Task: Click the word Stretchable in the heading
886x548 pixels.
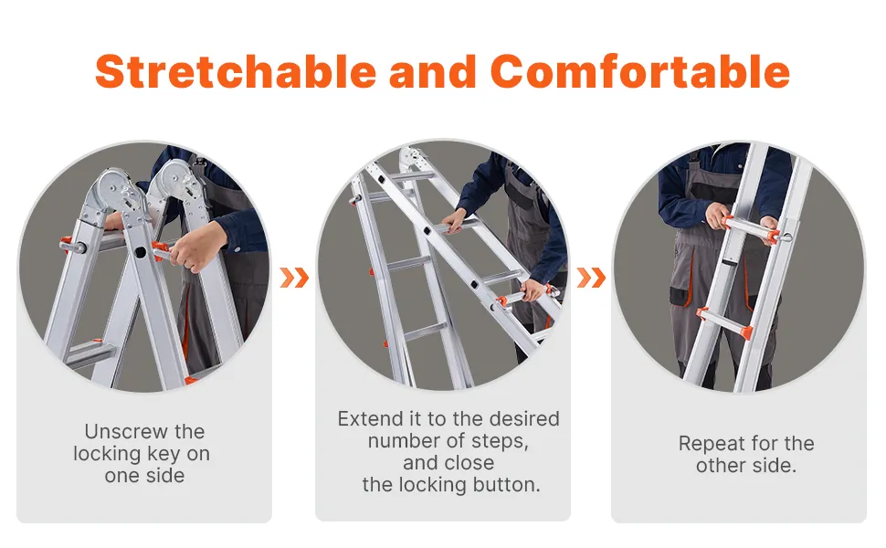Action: (x=236, y=71)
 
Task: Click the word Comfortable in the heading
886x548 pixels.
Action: (x=639, y=71)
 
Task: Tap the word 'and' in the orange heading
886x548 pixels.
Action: (x=433, y=71)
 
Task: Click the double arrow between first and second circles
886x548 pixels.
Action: (x=294, y=278)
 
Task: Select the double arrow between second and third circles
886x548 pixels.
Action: (x=591, y=278)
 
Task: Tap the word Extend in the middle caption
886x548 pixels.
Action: (x=371, y=418)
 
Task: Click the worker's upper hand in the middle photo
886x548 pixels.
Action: (x=454, y=220)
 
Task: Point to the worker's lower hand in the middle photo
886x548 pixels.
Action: (x=533, y=290)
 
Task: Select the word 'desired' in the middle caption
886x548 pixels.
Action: (x=524, y=418)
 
